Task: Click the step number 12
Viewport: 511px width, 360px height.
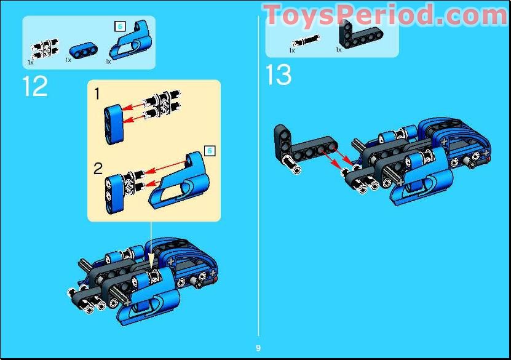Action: pos(34,86)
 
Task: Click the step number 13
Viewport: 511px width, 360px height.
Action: pos(278,75)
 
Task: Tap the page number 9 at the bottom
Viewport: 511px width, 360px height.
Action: pos(258,348)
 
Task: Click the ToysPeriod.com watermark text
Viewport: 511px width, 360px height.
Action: pos(386,15)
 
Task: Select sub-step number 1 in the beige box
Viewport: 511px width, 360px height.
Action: pos(97,94)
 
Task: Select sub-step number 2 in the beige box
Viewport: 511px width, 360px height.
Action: pos(98,169)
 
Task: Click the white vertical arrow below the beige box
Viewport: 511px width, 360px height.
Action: pos(151,243)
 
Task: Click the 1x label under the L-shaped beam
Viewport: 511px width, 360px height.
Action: pos(339,49)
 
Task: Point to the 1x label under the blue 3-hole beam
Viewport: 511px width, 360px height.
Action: pos(68,60)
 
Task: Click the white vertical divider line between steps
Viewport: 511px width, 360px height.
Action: pos(258,185)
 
